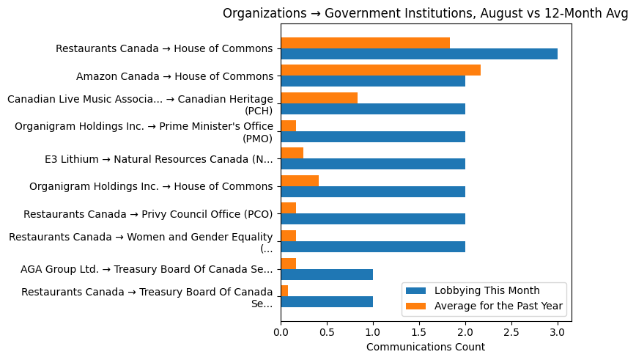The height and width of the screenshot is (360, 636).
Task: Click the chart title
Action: click(425, 13)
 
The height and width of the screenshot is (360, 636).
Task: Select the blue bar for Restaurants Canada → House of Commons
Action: click(418, 54)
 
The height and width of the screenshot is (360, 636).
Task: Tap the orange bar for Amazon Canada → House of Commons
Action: click(380, 70)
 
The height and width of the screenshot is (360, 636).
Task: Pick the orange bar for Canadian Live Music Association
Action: click(319, 98)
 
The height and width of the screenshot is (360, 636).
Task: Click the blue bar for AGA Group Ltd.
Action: click(326, 274)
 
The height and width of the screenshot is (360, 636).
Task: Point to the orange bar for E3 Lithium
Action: click(292, 153)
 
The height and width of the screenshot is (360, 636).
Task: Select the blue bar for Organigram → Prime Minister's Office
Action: click(372, 136)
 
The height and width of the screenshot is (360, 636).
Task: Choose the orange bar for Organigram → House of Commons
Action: click(299, 180)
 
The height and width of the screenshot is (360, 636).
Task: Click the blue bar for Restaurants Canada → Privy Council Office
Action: click(372, 218)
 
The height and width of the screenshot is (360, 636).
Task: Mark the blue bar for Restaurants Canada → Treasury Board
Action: click(326, 301)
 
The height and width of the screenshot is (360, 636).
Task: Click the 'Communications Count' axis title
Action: click(425, 347)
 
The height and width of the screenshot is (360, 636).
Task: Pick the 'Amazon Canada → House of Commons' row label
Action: click(174, 76)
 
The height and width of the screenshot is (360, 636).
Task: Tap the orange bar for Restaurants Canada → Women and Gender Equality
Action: click(288, 235)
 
